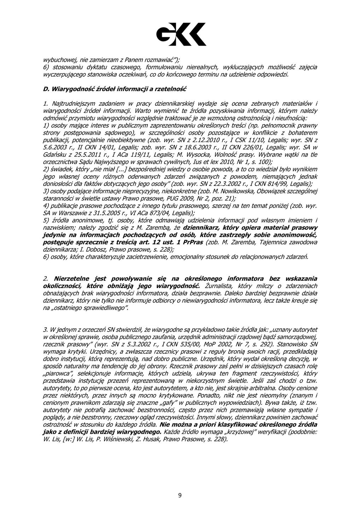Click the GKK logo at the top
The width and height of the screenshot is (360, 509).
click(181, 34)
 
